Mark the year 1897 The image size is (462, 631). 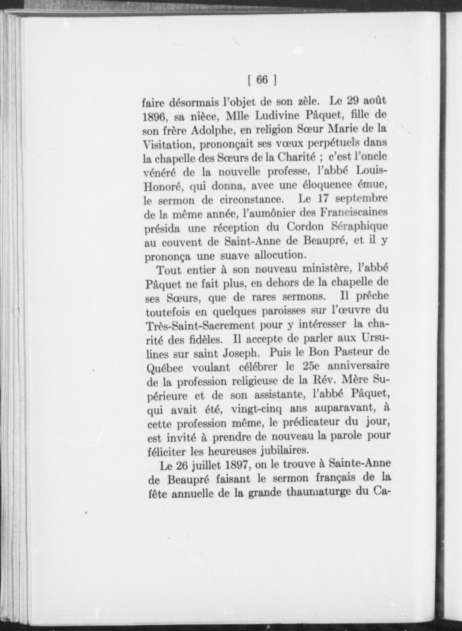pyautogui.click(x=239, y=466)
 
